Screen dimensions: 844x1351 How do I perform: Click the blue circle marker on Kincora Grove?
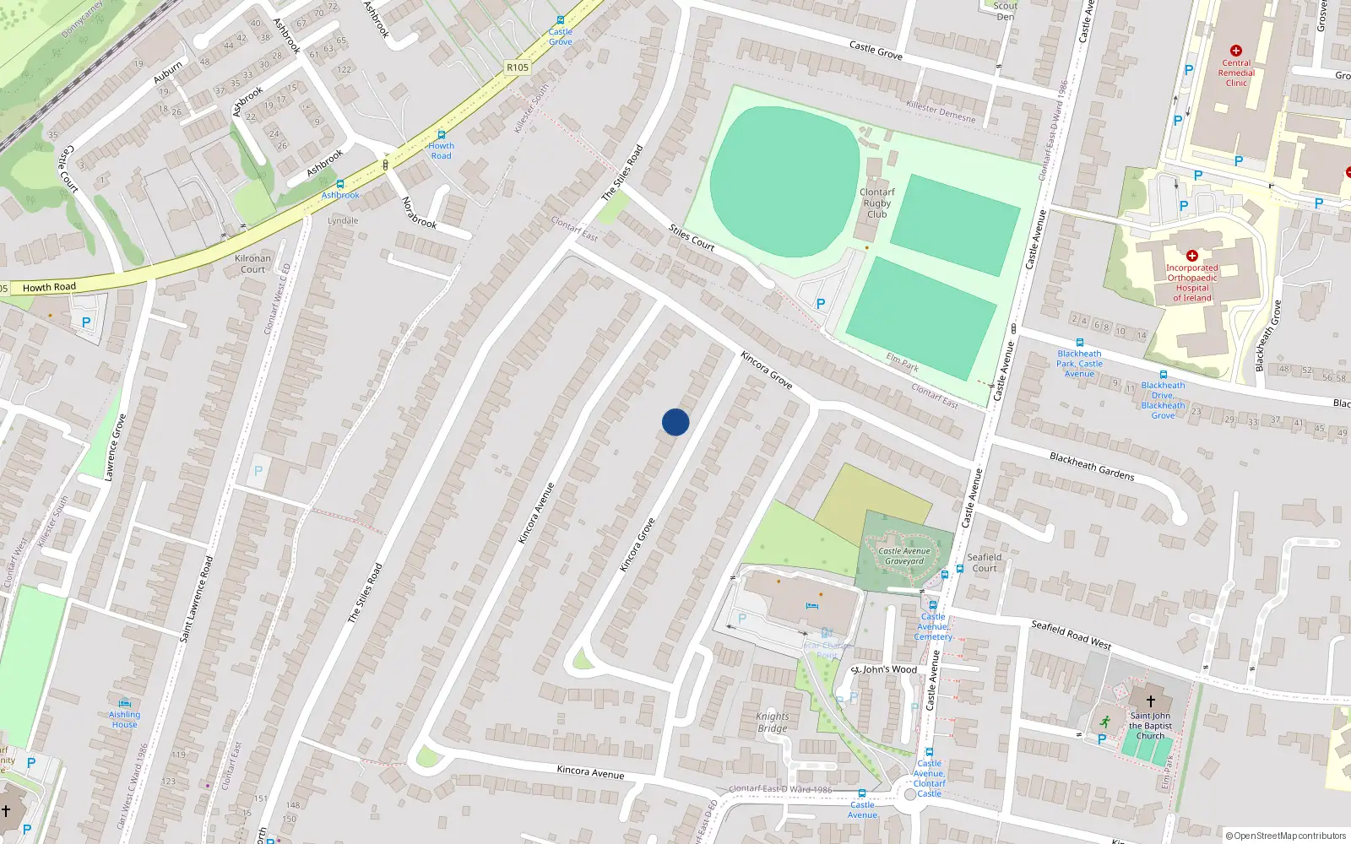point(675,422)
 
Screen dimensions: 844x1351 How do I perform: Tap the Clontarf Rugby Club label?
point(877,203)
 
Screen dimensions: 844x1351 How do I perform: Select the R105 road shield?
point(518,68)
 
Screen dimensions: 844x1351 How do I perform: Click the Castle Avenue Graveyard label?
point(904,555)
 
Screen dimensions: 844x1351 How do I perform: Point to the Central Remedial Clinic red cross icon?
point(1236,51)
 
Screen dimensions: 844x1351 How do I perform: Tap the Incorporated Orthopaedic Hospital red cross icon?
point(1192,256)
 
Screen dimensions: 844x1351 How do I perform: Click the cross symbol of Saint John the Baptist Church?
point(1150,701)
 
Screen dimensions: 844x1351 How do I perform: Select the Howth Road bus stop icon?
point(441,135)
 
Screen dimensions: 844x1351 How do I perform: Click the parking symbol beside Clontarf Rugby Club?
point(820,304)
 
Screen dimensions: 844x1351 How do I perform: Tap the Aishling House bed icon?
point(125,702)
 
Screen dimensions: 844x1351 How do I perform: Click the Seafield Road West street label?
point(1071,635)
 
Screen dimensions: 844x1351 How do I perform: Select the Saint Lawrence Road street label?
point(196,598)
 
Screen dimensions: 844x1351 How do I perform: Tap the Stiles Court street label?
point(692,238)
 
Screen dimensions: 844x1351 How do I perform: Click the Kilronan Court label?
point(252,263)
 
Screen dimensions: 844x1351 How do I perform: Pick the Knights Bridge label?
point(772,722)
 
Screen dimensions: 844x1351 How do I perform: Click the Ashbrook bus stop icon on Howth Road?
point(340,184)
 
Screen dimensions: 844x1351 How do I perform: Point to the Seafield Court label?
point(985,562)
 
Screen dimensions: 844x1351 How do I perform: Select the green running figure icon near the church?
point(1105,722)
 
